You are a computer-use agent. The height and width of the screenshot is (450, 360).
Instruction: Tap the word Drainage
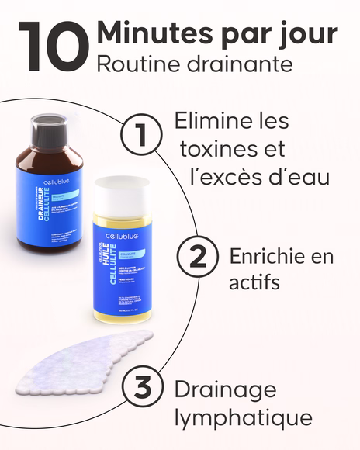(x=225, y=390)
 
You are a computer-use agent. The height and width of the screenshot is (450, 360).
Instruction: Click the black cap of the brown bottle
(x=56, y=124)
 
